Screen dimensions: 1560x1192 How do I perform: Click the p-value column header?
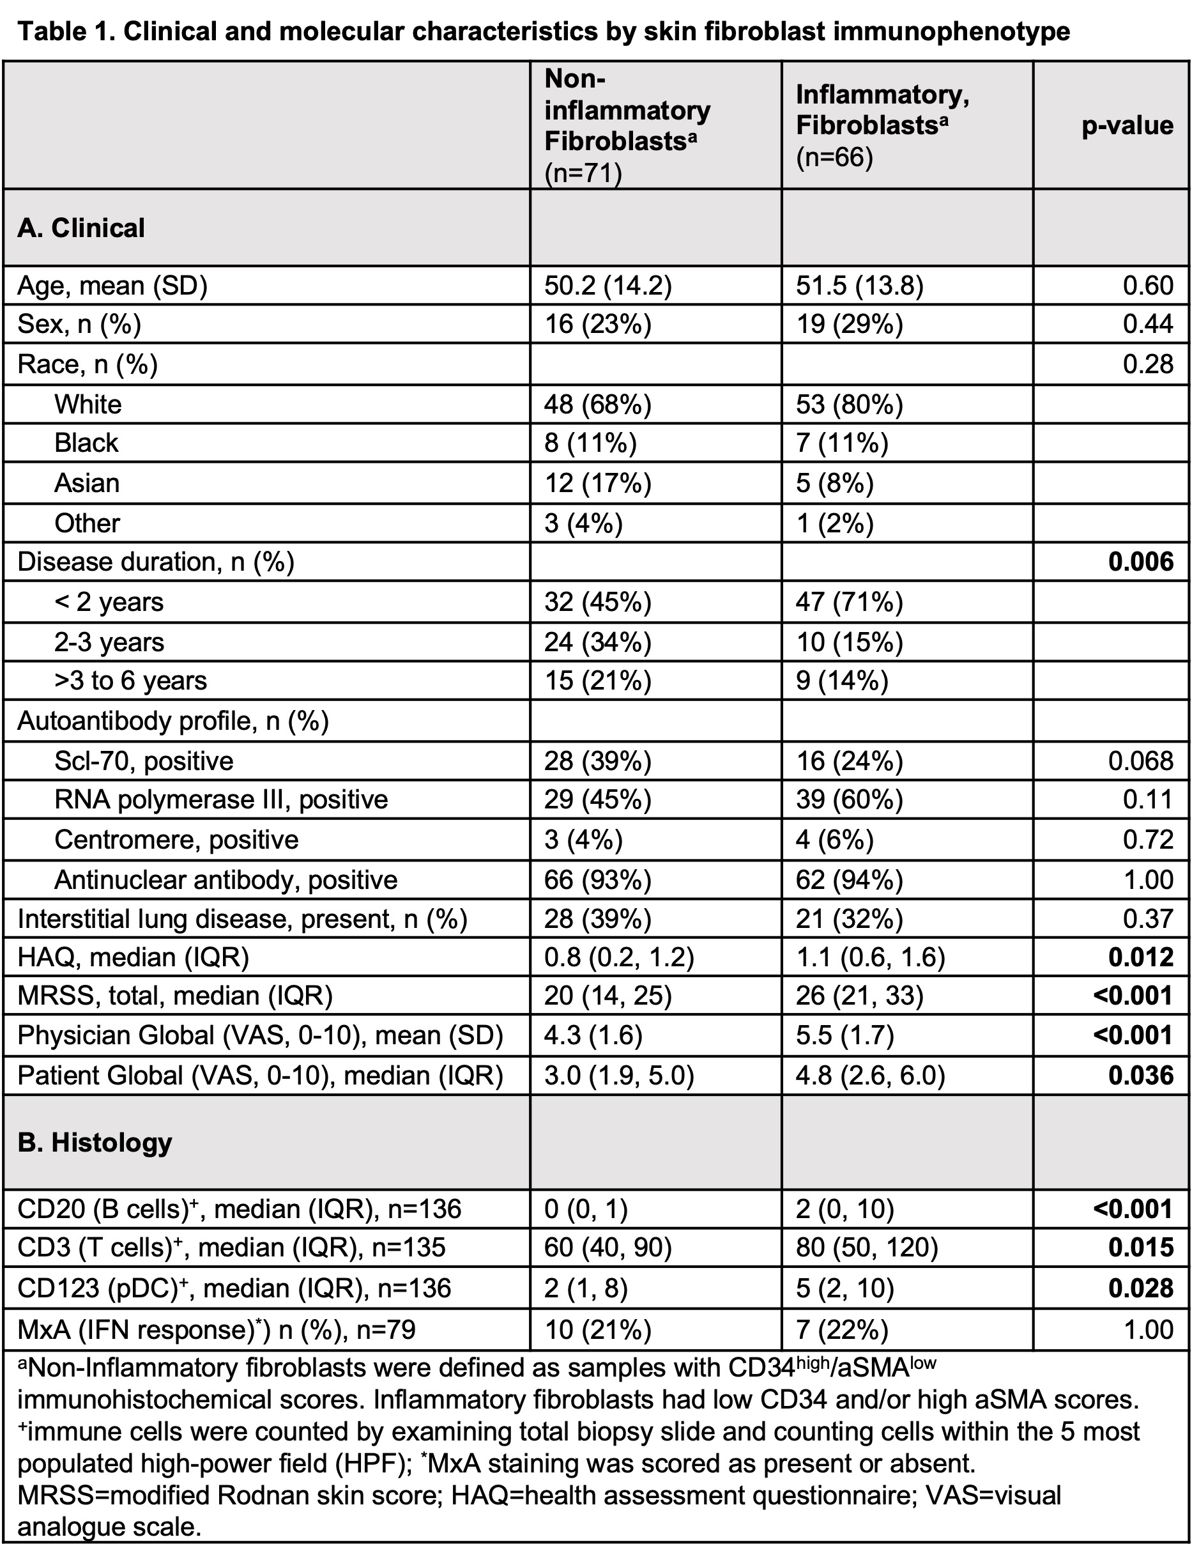(1127, 126)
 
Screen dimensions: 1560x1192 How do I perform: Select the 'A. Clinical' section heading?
(81, 228)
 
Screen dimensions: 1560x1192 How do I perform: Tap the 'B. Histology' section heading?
(95, 1142)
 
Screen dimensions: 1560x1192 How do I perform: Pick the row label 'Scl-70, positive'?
(143, 761)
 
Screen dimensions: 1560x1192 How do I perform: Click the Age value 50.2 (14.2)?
(607, 285)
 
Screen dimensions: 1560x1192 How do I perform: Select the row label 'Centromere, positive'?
(176, 840)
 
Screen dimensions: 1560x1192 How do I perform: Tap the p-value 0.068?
(1140, 761)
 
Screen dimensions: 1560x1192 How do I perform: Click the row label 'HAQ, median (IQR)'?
(133, 957)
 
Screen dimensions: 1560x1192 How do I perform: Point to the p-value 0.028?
(1140, 1288)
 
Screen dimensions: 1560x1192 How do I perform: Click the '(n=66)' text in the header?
(834, 157)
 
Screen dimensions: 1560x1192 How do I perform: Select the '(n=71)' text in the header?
(583, 173)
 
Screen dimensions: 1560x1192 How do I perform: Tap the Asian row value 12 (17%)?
(597, 483)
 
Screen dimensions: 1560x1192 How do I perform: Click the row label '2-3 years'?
(109, 642)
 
